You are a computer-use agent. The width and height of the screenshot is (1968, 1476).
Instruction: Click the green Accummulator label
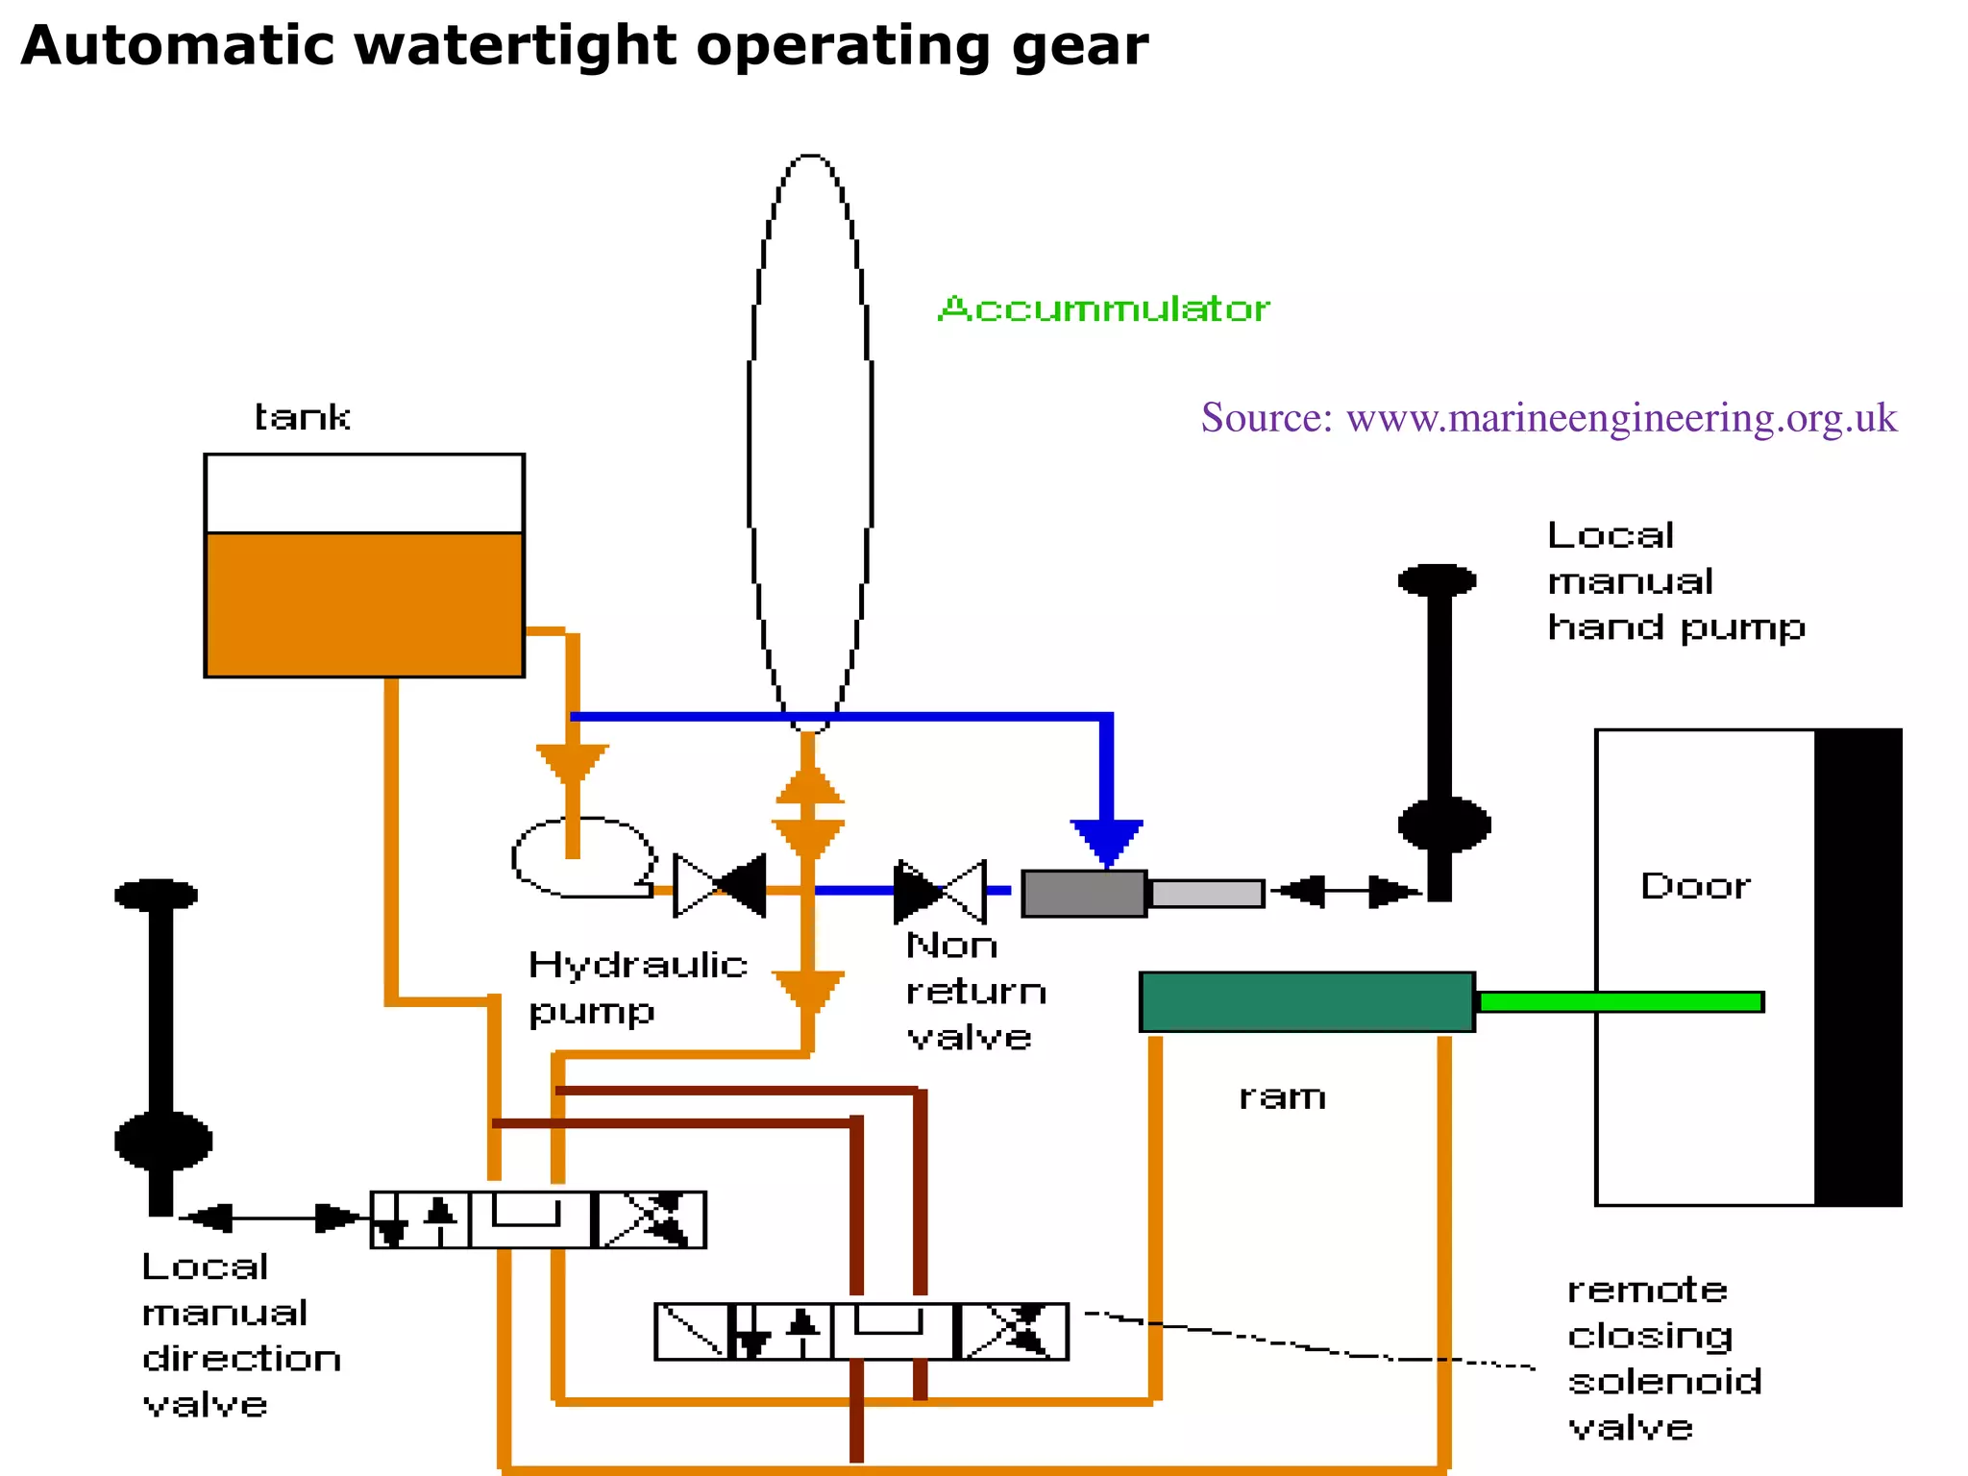point(1103,309)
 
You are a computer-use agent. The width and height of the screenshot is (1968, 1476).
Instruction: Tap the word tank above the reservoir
point(302,418)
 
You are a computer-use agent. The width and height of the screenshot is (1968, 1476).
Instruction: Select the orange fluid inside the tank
point(363,603)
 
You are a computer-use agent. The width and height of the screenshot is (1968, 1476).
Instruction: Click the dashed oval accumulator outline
point(750,432)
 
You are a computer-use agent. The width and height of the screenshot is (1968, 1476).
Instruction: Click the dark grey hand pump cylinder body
point(1083,894)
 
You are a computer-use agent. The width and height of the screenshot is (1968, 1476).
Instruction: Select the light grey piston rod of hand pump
point(1207,894)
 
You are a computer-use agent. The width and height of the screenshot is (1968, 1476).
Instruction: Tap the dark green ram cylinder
point(1307,1001)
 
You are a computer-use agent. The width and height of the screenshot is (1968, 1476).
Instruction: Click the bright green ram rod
point(1620,1001)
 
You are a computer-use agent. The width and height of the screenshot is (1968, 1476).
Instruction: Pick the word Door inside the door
point(1695,886)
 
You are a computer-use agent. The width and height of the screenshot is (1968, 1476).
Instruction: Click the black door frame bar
point(1858,966)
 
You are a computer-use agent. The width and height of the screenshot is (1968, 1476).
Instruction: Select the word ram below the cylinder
point(1282,1097)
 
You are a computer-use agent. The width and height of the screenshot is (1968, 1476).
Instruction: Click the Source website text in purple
point(1549,418)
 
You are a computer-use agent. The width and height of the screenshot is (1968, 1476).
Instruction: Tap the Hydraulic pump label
point(637,987)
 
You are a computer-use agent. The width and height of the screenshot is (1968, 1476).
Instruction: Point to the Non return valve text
point(974,992)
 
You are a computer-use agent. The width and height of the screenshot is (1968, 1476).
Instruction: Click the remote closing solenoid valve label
point(1664,1358)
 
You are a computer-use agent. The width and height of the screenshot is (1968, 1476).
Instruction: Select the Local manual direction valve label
point(240,1336)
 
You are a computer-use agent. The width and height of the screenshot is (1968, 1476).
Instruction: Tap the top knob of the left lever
point(156,895)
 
